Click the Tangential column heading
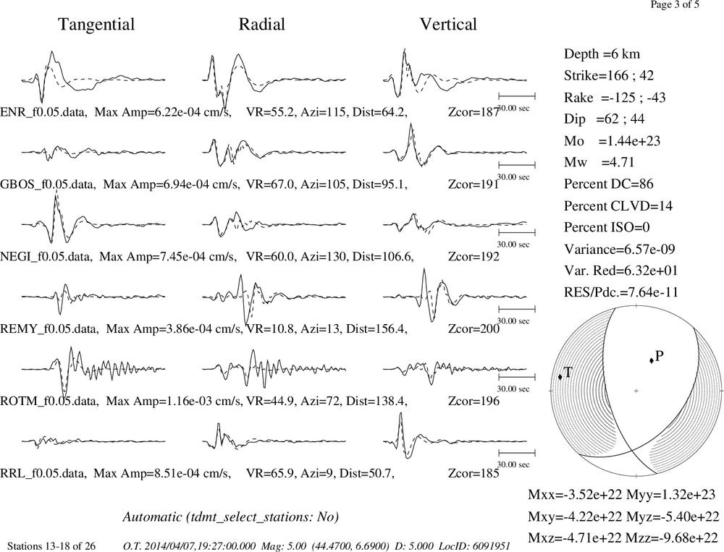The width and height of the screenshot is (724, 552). coord(96,25)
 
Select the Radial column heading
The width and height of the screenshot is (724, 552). coord(262,25)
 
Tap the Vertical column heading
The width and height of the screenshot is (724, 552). coord(448,25)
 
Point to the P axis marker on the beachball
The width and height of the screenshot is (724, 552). coord(652,360)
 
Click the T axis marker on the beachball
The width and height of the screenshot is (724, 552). coord(560,377)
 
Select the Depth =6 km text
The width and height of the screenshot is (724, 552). coord(602,54)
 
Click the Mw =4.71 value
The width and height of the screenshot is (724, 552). coord(599,163)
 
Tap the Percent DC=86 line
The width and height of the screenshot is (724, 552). coord(609,184)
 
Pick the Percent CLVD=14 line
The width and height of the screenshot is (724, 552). coord(618,206)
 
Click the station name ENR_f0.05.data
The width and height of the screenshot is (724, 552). coord(43,112)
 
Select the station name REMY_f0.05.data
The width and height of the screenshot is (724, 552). coord(49,329)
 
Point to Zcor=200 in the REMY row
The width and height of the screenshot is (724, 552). coord(473,329)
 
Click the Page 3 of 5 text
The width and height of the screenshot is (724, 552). coord(675,4)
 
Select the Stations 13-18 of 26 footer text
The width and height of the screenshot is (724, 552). coord(51,546)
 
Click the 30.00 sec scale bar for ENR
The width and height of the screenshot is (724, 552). coord(517,96)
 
